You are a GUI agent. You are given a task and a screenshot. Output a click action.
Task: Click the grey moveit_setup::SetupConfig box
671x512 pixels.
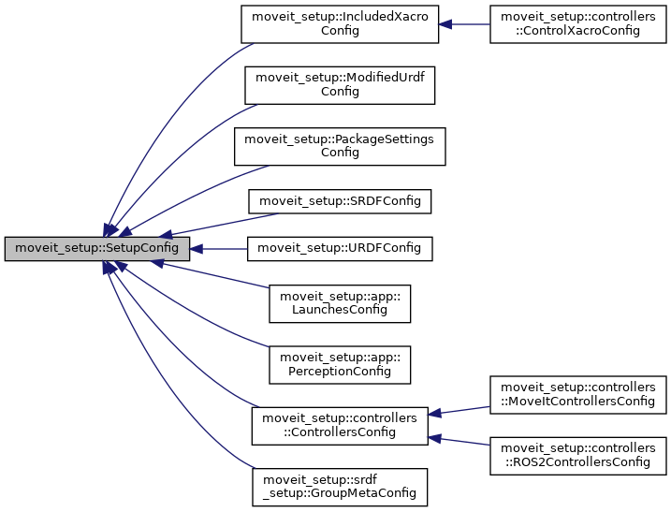[x=97, y=249]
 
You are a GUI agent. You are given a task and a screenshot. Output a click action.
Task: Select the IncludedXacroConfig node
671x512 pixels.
[x=340, y=23]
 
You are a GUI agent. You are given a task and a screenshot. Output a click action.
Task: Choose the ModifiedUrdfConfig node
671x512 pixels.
[x=340, y=84]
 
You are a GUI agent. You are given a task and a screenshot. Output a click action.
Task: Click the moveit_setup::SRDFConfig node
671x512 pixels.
[x=340, y=199]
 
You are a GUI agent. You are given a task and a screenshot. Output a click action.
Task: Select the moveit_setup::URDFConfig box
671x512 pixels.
[x=340, y=249]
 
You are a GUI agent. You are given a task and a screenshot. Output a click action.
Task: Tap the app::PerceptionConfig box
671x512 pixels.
[x=340, y=364]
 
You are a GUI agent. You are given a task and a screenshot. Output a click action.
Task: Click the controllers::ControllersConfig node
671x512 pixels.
[x=340, y=426]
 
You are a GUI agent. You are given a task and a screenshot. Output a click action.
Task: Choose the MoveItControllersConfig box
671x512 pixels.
[x=577, y=395]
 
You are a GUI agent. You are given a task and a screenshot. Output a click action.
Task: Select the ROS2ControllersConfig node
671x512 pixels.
[x=577, y=456]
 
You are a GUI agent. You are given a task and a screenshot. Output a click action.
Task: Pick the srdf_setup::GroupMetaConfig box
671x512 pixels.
[x=340, y=487]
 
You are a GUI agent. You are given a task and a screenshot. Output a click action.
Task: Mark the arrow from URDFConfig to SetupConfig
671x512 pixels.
[x=219, y=249]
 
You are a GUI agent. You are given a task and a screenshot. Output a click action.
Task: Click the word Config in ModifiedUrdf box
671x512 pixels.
[x=340, y=92]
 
